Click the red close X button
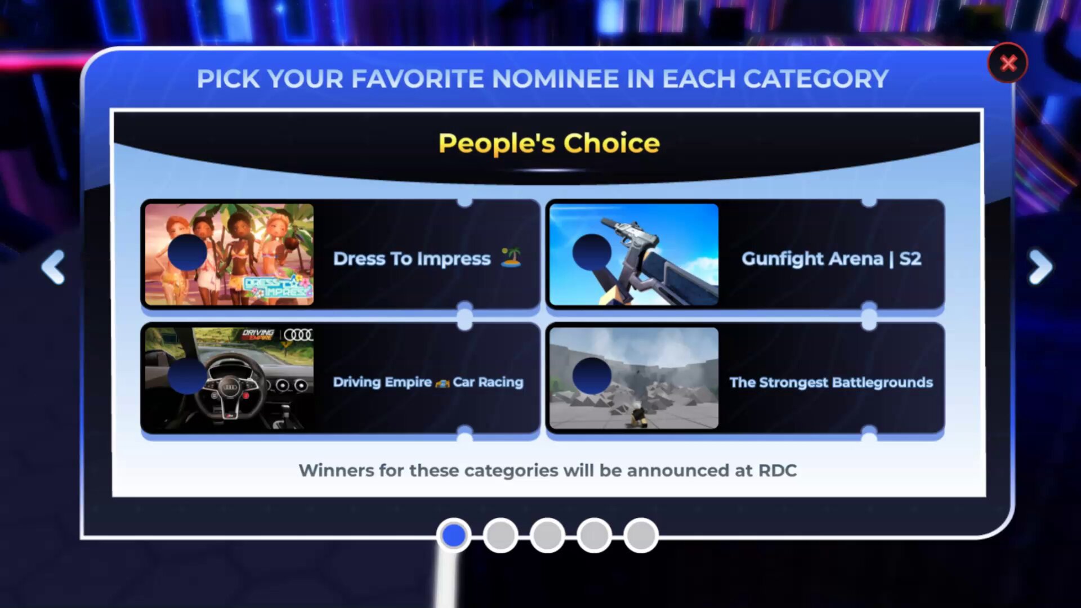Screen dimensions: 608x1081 coord(1007,63)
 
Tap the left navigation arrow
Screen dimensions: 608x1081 coord(53,267)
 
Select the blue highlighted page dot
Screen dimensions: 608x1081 coord(454,535)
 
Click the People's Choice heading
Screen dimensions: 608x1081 coord(549,144)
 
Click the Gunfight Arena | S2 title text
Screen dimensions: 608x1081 coord(831,259)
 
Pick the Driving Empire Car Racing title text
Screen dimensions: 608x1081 coord(428,382)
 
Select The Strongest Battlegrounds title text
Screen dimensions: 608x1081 coord(831,383)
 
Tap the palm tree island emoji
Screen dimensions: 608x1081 coord(511,257)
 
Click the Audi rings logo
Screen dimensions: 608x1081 coord(298,335)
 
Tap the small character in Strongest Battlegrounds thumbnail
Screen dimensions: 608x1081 coord(638,415)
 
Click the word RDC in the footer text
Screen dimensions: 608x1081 coord(778,471)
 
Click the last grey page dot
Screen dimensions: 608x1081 coord(641,535)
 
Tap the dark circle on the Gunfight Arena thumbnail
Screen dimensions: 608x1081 coord(592,253)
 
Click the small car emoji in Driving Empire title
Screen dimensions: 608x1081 coord(443,383)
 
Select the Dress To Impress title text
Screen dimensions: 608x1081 coord(412,259)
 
